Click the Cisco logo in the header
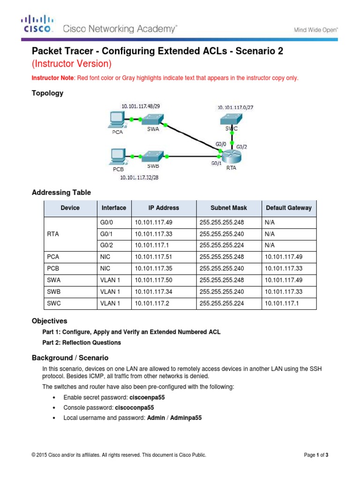coord(38,23)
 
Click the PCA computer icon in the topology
coord(114,120)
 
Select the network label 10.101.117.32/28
coord(140,177)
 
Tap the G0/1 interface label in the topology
coord(216,163)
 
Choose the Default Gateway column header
coord(288,208)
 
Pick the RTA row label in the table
coord(53,233)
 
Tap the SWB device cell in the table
coord(54,292)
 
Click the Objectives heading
coord(49,321)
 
